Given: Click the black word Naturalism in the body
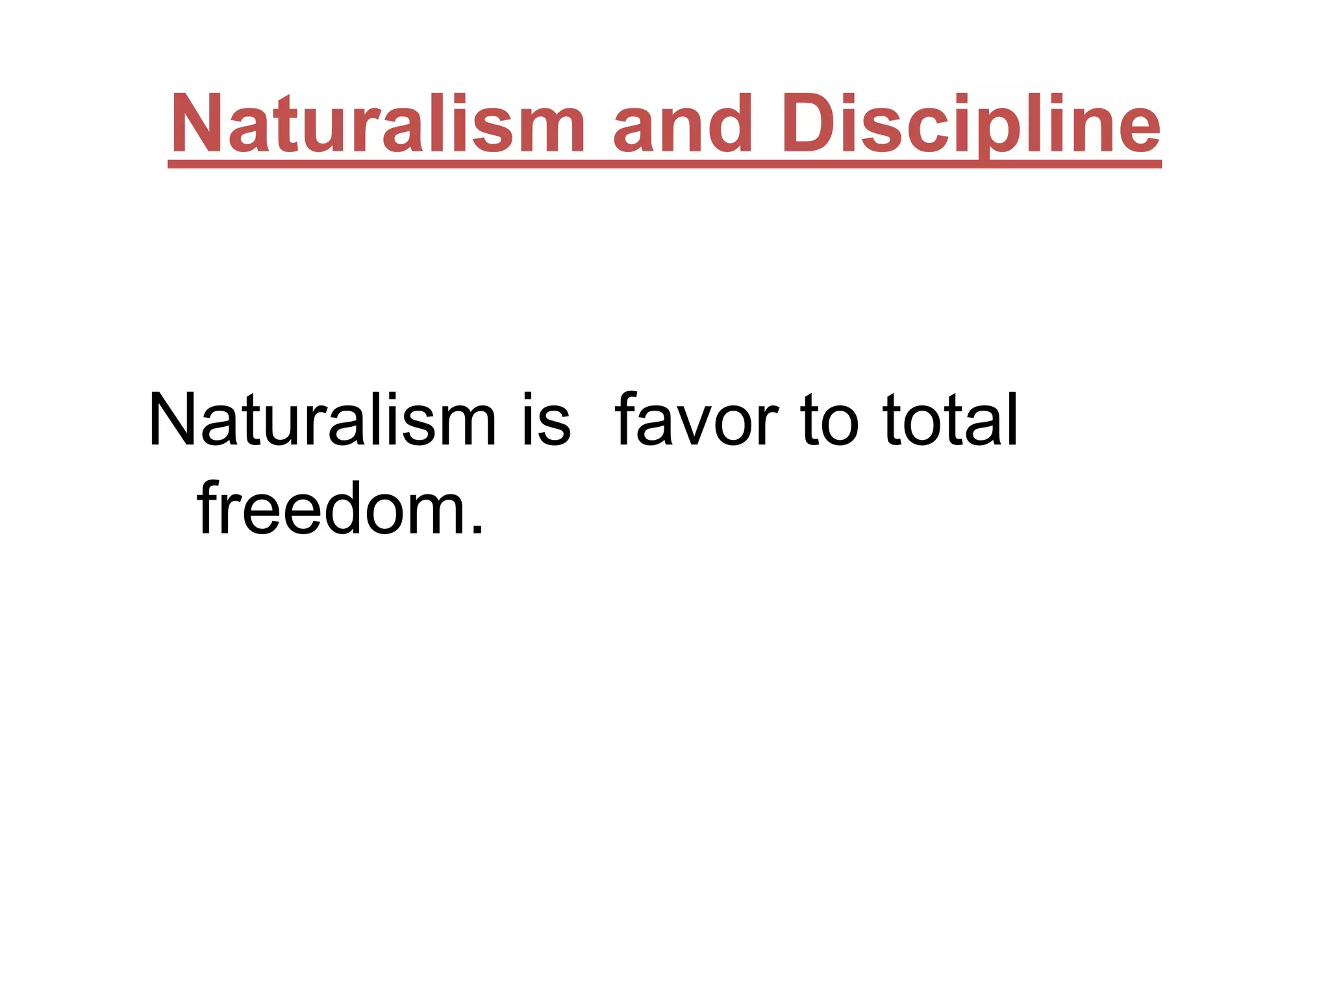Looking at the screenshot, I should (x=322, y=421).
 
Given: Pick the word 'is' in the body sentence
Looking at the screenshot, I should (x=546, y=421).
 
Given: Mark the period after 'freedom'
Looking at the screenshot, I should (x=477, y=530).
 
